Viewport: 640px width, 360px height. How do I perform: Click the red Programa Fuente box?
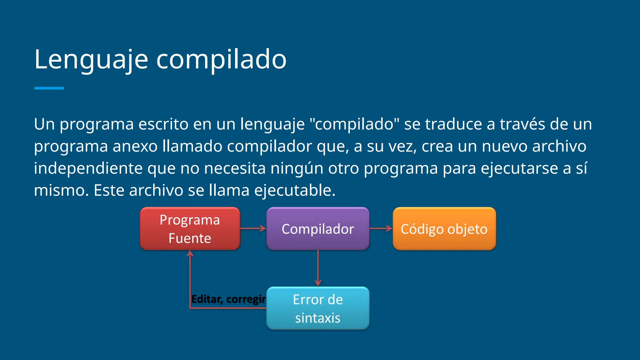[x=190, y=229]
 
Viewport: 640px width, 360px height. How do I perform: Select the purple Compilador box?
[x=318, y=229]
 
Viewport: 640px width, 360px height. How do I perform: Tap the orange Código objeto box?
[x=444, y=229]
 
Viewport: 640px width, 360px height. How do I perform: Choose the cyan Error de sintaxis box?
[x=318, y=308]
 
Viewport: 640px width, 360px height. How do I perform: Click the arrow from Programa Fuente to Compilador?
[x=252, y=229]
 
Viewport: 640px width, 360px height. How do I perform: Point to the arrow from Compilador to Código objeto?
[x=381, y=229]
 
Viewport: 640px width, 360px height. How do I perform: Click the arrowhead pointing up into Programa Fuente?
[x=190, y=253]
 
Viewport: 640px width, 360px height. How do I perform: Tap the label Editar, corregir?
[x=228, y=299]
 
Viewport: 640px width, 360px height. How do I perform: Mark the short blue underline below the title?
[x=49, y=88]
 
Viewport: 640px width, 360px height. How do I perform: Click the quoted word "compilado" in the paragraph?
[x=354, y=124]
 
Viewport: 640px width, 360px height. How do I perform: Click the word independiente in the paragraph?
[x=88, y=168]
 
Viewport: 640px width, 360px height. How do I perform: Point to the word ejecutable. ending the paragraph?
[x=295, y=190]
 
